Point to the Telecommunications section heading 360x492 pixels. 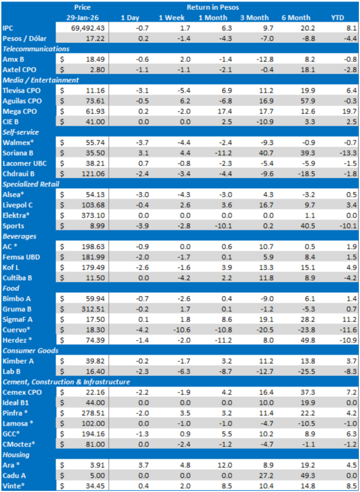tap(36, 49)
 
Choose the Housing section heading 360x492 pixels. tap(16, 455)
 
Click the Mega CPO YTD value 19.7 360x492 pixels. tap(343, 111)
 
